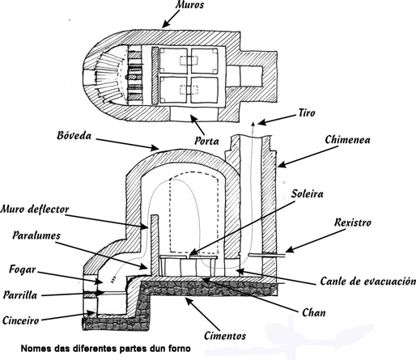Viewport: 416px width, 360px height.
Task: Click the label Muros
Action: pyautogui.click(x=190, y=5)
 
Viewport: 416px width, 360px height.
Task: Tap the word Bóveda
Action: pyautogui.click(x=74, y=136)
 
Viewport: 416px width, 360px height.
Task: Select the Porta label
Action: pyautogui.click(x=207, y=141)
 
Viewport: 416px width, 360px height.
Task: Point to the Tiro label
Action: pyautogui.click(x=307, y=112)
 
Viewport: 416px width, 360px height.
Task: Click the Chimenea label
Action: pyautogui.click(x=347, y=140)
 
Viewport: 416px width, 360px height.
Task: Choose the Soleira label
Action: pyautogui.click(x=308, y=194)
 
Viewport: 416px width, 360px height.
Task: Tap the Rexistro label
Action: pyautogui.click(x=353, y=222)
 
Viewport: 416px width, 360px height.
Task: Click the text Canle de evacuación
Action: pyautogui.click(x=368, y=282)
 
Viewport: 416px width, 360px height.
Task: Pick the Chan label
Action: pyautogui.click(x=314, y=313)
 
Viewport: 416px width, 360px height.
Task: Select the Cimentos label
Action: pyautogui.click(x=225, y=336)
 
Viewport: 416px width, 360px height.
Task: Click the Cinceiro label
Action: pyautogui.click(x=21, y=320)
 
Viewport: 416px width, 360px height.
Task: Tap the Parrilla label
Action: pyautogui.click(x=20, y=295)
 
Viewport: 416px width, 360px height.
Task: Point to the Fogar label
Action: pyautogui.click(x=23, y=269)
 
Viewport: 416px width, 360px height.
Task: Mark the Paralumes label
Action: pyautogui.click(x=36, y=235)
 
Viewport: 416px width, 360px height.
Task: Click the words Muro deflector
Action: pyautogui.click(x=35, y=210)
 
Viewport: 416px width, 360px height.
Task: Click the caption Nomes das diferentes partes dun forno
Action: pyautogui.click(x=106, y=349)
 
